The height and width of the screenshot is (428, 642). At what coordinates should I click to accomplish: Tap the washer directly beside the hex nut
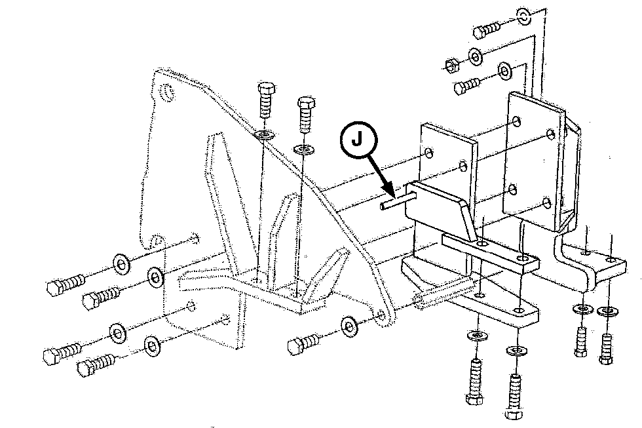pyautogui.click(x=476, y=56)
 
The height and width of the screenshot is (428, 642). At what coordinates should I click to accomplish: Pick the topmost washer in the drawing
pyautogui.click(x=523, y=17)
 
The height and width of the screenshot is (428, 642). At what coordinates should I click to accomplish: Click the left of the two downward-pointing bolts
pyautogui.click(x=266, y=99)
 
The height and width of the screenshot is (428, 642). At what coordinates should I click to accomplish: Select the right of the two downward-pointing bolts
pyautogui.click(x=306, y=114)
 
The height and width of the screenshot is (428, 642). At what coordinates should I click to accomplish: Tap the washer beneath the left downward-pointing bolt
pyautogui.click(x=265, y=134)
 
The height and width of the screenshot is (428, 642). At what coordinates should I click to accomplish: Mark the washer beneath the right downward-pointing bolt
pyautogui.click(x=304, y=149)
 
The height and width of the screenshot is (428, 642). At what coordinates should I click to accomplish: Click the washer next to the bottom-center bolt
pyautogui.click(x=349, y=326)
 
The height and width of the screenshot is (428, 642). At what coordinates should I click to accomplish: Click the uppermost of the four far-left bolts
pyautogui.click(x=66, y=283)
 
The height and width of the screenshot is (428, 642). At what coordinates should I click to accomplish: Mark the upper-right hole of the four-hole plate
pyautogui.click(x=551, y=134)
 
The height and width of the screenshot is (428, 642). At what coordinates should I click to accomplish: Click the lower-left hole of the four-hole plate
pyautogui.click(x=512, y=189)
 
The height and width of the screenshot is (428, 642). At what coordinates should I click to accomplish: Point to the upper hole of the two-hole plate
pyautogui.click(x=428, y=153)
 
